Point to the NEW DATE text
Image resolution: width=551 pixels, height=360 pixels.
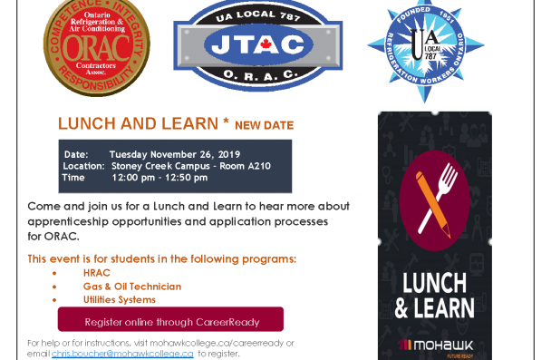pyautogui.click(x=264, y=124)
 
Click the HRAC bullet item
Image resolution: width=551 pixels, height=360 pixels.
pyautogui.click(x=96, y=273)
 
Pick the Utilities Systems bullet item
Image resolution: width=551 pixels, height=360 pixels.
pyautogui.click(x=119, y=299)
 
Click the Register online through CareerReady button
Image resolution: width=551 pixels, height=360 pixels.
pyautogui.click(x=170, y=321)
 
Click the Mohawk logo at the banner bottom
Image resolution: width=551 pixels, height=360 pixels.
pyautogui.click(x=433, y=345)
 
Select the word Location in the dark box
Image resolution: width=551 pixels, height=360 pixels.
pyautogui.click(x=83, y=166)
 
